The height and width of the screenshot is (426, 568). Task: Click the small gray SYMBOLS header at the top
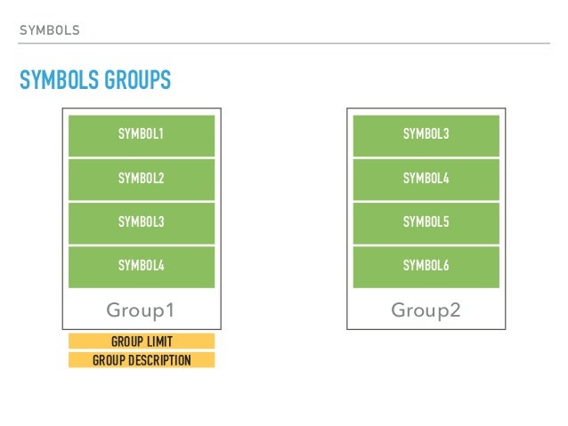[49, 30]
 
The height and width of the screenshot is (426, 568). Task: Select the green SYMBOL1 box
[142, 135]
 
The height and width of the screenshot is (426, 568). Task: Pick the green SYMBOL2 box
[142, 179]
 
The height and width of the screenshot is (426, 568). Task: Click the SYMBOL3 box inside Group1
[142, 222]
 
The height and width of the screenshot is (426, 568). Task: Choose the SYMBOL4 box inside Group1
[142, 266]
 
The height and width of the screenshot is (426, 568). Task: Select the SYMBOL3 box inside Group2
[426, 135]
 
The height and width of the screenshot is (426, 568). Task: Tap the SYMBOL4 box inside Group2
[426, 179]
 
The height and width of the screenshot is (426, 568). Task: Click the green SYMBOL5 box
[426, 222]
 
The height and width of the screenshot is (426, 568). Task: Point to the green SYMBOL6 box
[426, 266]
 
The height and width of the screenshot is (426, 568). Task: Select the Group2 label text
[426, 310]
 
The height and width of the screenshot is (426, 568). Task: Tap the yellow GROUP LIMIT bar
[142, 342]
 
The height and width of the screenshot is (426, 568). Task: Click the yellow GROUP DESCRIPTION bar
[142, 360]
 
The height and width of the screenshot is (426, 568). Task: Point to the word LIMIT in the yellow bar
[158, 342]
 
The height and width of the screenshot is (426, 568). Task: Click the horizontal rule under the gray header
[284, 42]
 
